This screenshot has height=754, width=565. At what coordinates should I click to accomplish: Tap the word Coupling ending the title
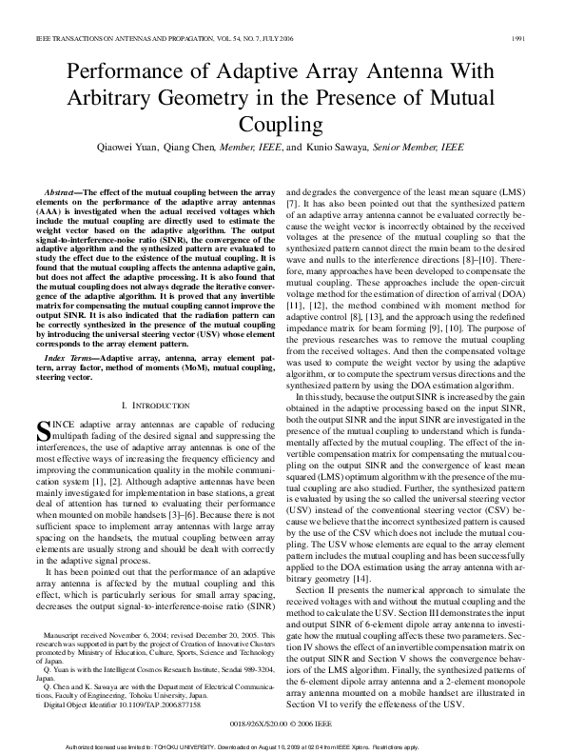coord(282,125)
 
